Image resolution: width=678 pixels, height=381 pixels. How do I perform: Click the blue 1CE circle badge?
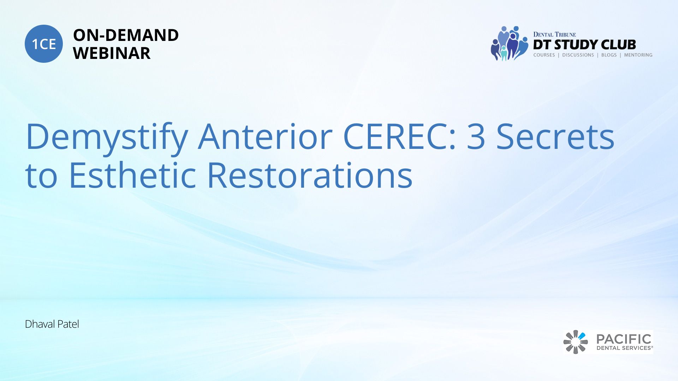pyautogui.click(x=44, y=44)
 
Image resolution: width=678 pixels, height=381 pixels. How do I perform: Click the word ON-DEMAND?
pyautogui.click(x=126, y=35)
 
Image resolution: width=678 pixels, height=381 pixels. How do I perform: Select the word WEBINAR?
pyautogui.click(x=112, y=53)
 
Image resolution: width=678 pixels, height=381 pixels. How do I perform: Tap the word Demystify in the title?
pyautogui.click(x=107, y=137)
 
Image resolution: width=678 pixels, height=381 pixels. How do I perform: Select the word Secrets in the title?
pyautogui.click(x=555, y=137)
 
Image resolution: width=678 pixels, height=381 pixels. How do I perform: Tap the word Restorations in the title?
pyautogui.click(x=310, y=175)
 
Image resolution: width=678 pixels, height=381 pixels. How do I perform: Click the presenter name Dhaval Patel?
pyautogui.click(x=52, y=324)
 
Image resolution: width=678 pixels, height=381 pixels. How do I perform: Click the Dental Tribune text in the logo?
pyautogui.click(x=554, y=35)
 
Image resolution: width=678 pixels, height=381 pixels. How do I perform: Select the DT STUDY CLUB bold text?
pyautogui.click(x=584, y=45)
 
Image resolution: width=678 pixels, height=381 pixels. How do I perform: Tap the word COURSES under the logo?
pyautogui.click(x=544, y=55)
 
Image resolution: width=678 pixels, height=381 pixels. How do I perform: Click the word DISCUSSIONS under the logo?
pyautogui.click(x=578, y=55)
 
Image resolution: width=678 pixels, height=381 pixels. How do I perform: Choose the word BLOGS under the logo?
pyautogui.click(x=609, y=55)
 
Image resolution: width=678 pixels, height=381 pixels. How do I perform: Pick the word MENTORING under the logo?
pyautogui.click(x=638, y=55)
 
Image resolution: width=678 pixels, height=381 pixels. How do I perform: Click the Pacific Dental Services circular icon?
pyautogui.click(x=576, y=342)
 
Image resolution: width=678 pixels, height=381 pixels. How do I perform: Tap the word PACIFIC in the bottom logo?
pyautogui.click(x=624, y=339)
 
